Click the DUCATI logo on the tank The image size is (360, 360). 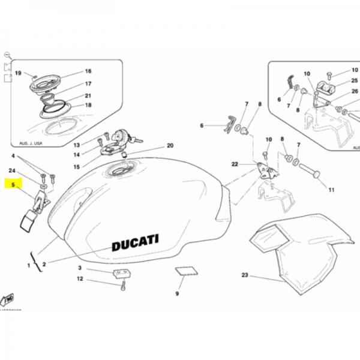pyautogui.click(x=135, y=243)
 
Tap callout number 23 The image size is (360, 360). pyautogui.click(x=244, y=276)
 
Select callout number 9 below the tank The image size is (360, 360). pyautogui.click(x=177, y=294)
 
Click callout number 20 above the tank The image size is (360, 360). pyautogui.click(x=170, y=146)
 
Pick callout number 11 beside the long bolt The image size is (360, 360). pyautogui.click(x=331, y=191)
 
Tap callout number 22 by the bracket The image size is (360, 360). pyautogui.click(x=235, y=164)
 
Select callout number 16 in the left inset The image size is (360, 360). pyautogui.click(x=88, y=71)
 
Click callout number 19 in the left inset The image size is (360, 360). pyautogui.click(x=17, y=74)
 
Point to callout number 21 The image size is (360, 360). pyautogui.click(x=88, y=95)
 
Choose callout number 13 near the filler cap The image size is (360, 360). pyautogui.click(x=76, y=145)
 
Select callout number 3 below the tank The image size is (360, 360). pyautogui.click(x=79, y=268)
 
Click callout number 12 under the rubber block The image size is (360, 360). pyautogui.click(x=79, y=279)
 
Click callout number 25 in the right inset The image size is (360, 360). pyautogui.click(x=354, y=80)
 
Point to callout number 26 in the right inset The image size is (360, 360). pyautogui.click(x=354, y=91)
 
